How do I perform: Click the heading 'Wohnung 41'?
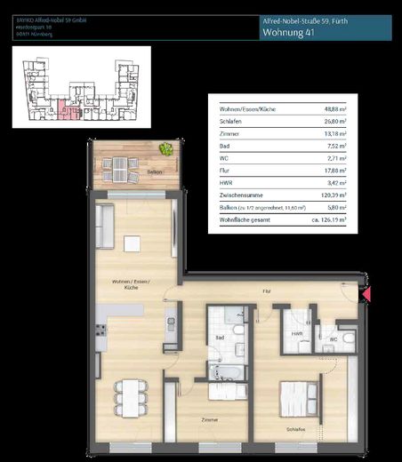[290, 33]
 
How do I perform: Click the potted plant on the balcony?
[165, 149]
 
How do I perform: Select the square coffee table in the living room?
[133, 243]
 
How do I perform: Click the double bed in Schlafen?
[301, 399]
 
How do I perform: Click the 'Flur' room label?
[266, 291]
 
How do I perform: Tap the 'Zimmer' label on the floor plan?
[210, 419]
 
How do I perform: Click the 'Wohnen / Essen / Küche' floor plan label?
[125, 285]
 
